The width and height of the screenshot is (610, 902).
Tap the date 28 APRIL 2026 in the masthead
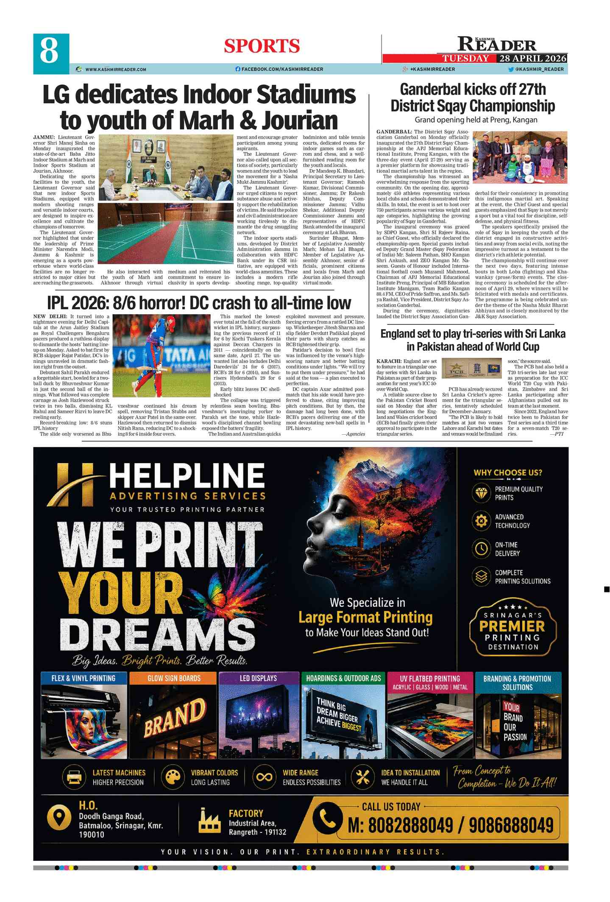[x=532, y=59]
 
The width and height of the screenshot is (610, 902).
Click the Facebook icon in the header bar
[x=238, y=69]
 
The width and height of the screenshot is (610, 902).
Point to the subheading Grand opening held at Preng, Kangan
[x=476, y=120]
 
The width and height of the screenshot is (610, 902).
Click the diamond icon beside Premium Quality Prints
[x=481, y=493]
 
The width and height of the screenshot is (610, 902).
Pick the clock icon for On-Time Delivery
[x=481, y=549]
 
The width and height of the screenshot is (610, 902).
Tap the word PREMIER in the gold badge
[x=512, y=626]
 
